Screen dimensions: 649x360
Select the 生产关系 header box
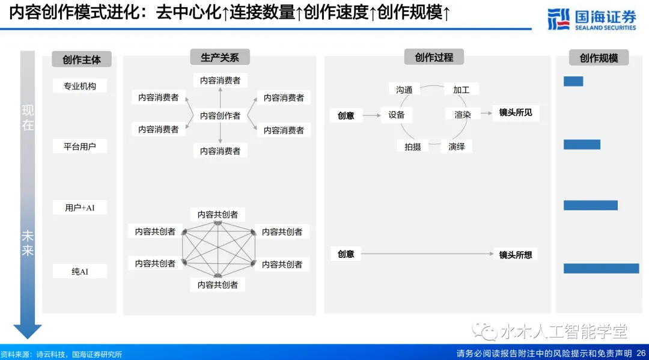[x=219, y=57]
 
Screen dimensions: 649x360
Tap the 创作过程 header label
[x=434, y=57]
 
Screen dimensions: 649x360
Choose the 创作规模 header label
[x=599, y=58]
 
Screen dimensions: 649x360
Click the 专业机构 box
[x=79, y=86]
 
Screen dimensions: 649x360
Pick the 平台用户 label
[x=79, y=146]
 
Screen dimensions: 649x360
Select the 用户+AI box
[x=79, y=207]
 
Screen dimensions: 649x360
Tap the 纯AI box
[x=79, y=271]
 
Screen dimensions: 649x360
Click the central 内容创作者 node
[x=220, y=115]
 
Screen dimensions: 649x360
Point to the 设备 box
[x=396, y=115]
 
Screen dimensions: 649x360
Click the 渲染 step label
[x=462, y=114]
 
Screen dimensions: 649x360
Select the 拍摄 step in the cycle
[x=412, y=146]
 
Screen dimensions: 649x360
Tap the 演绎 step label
[x=456, y=146]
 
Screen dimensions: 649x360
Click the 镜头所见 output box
[x=515, y=112]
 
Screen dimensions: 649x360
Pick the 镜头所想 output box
[x=515, y=254]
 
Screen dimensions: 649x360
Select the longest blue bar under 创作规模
[x=601, y=268]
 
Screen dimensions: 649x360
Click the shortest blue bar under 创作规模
[x=573, y=81]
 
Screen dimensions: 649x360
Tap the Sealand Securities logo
[x=591, y=19]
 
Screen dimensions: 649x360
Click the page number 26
[x=641, y=353]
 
